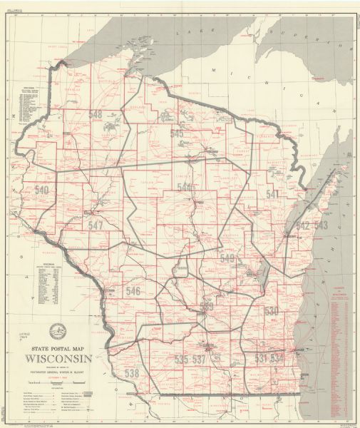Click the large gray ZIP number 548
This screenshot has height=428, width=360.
[96, 115]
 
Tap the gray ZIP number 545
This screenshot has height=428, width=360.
[177, 133]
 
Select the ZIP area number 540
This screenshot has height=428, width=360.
[42, 190]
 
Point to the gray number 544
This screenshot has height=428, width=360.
[185, 187]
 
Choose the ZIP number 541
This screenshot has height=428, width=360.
[272, 193]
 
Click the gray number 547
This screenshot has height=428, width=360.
[96, 225]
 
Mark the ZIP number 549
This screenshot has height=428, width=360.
[227, 258]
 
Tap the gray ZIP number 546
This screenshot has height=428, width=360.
[133, 291]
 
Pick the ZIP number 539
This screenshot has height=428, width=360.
[207, 307]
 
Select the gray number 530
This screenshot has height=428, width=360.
[272, 311]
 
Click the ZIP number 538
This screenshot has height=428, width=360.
[132, 372]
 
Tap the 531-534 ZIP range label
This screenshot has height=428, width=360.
[270, 357]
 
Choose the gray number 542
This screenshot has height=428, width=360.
[303, 225]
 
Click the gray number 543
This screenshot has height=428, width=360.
[321, 225]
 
